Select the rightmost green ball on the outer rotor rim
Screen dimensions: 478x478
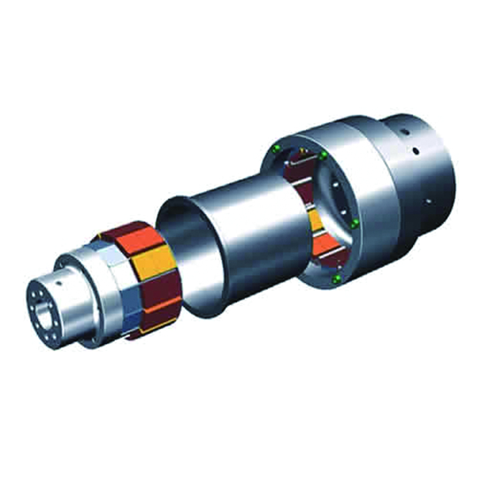(x=356, y=223)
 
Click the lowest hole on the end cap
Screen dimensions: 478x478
(x=428, y=201)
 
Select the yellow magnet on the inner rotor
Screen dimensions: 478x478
(x=153, y=262)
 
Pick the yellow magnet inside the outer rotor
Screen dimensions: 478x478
(x=315, y=221)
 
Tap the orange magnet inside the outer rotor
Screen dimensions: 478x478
(x=325, y=245)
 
